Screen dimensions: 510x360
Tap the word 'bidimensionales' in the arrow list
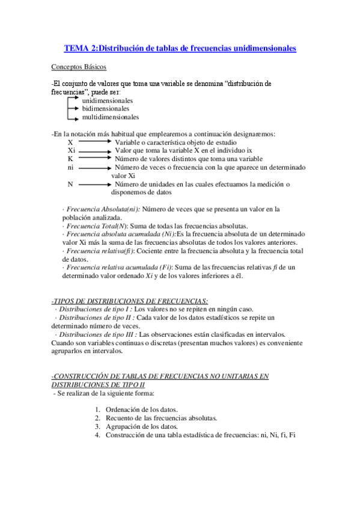coord(105,109)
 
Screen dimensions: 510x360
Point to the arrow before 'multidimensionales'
coord(73,117)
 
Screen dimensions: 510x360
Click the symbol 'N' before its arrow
coord(70,184)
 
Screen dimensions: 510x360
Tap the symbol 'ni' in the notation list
coord(71,167)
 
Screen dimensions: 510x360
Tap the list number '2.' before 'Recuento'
coord(97,417)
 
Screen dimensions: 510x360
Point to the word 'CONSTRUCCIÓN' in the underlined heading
coord(82,376)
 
